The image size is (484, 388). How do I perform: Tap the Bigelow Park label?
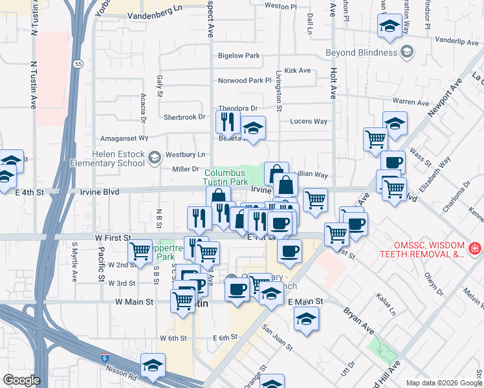coord(239,56)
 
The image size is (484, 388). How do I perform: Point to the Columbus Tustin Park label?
coord(226,178)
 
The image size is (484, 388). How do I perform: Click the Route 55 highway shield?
coord(78,64)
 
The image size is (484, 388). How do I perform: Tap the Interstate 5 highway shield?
coord(104,357)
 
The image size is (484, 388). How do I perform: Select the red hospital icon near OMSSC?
coord(475,248)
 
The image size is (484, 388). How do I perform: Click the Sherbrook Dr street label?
coord(184,117)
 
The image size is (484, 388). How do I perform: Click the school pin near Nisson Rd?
coord(153,366)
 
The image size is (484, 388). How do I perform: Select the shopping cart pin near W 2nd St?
coord(140,251)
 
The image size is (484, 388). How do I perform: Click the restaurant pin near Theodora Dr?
coord(227,121)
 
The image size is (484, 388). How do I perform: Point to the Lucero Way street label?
coord(309,122)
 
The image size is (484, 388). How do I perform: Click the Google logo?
coord(21,380)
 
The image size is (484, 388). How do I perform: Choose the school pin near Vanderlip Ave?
coord(389,28)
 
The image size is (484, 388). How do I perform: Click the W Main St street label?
coord(134,302)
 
